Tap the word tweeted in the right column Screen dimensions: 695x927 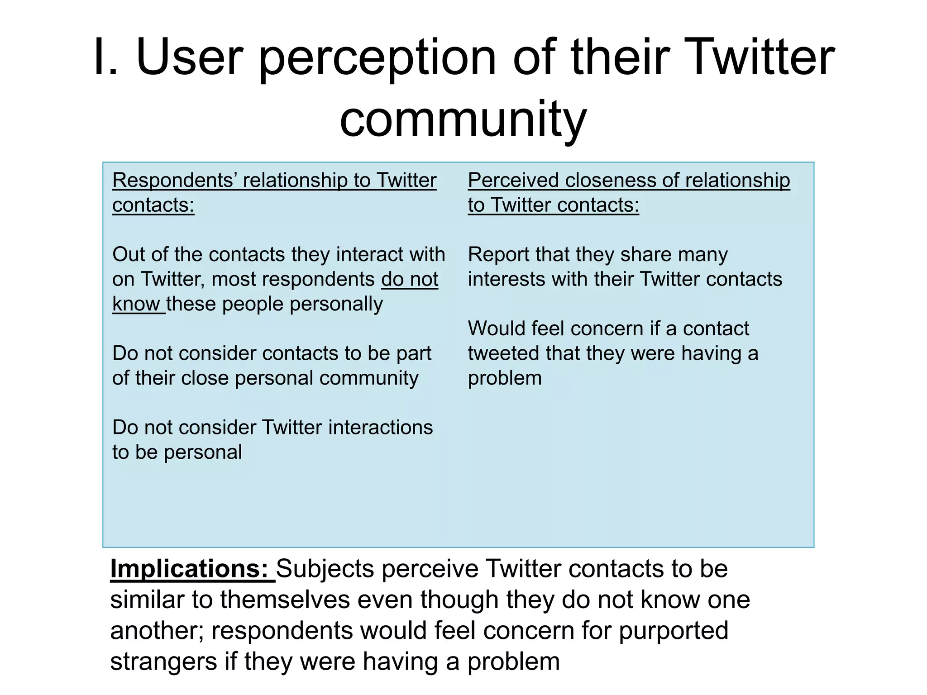pos(503,353)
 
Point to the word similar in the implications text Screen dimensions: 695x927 pos(147,600)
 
